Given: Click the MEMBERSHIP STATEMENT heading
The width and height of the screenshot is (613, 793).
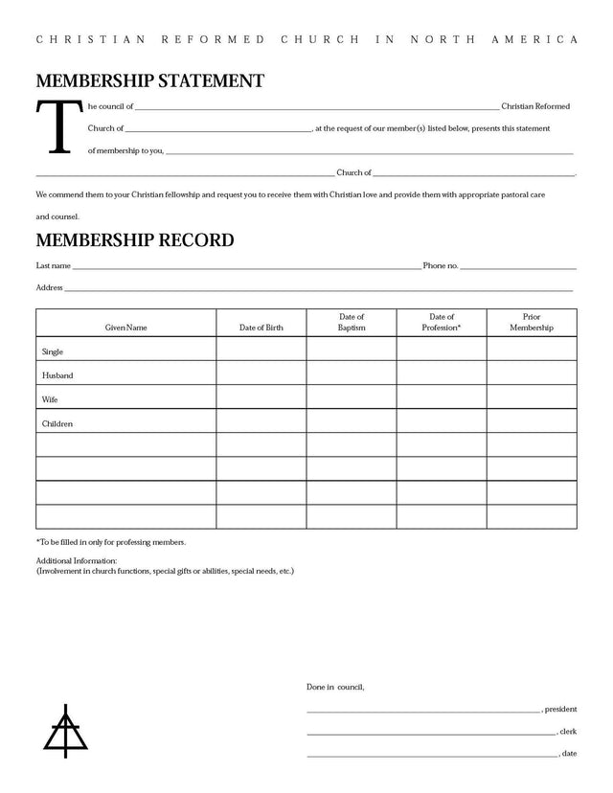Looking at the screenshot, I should [149, 80].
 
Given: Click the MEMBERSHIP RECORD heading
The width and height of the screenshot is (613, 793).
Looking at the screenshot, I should [134, 239].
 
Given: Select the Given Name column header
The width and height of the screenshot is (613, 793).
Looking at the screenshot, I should [125, 328].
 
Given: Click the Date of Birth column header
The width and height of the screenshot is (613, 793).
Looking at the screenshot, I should [261, 328].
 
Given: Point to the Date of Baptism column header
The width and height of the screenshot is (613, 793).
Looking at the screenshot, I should [352, 322].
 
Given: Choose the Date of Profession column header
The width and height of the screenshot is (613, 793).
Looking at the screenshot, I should [442, 322].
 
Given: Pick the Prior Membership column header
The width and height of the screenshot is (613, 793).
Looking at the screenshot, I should [532, 322].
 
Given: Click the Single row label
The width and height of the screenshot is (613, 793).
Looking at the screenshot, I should [53, 351].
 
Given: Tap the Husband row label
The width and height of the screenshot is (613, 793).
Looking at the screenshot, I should [57, 375].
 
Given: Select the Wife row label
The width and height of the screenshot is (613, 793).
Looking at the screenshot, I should [50, 399].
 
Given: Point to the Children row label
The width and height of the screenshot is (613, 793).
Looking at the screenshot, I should [57, 423].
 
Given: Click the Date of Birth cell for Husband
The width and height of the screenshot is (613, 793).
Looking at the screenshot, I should [261, 373].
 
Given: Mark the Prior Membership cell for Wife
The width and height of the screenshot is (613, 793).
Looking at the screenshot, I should [532, 396].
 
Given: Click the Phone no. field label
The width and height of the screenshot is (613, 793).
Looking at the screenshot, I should [441, 265].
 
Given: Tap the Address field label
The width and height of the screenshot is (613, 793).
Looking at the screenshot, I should [49, 287].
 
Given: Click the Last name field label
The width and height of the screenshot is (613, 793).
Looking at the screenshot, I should [53, 265].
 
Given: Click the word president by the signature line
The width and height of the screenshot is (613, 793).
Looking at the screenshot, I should [561, 710].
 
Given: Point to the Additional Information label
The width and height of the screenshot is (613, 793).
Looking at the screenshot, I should [76, 560].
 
